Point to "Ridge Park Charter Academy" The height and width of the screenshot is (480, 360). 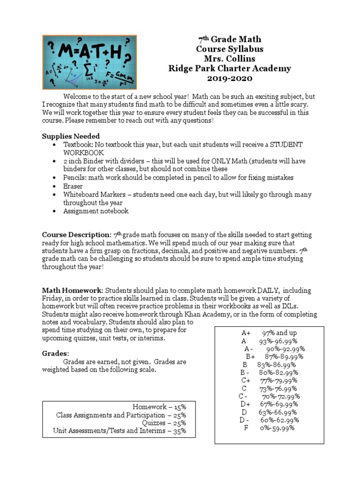229,68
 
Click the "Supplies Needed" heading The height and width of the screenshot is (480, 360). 71,136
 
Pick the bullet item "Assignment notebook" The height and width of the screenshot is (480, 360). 96,211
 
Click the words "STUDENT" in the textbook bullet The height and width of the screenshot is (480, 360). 280,144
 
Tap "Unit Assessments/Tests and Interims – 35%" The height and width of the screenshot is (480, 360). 120,431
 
